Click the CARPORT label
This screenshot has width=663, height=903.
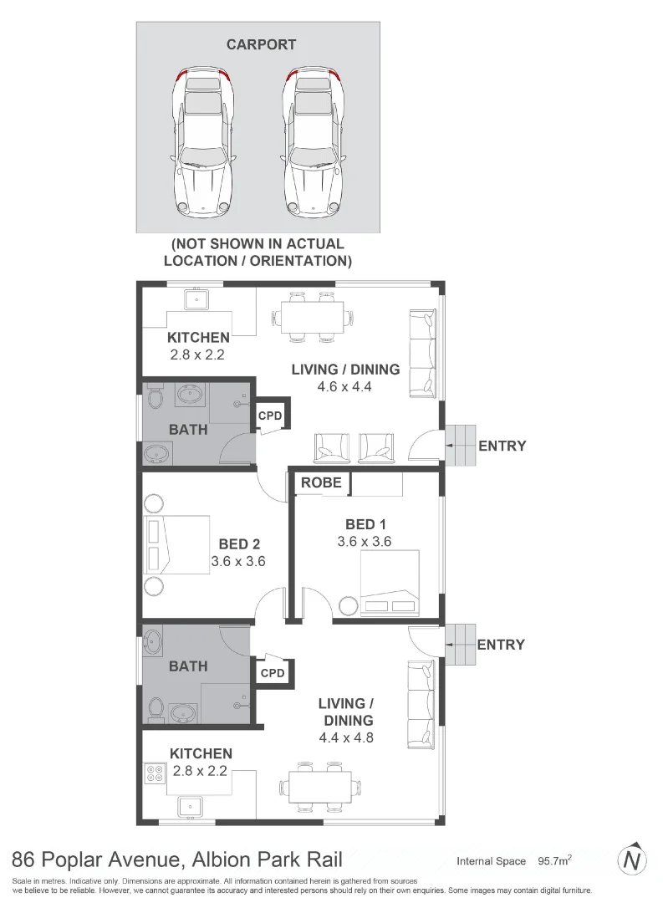point(261,45)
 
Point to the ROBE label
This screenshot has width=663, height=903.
point(321,482)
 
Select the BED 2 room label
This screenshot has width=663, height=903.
point(237,544)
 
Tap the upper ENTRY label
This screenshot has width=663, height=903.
point(502,446)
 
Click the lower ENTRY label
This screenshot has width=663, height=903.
point(501,645)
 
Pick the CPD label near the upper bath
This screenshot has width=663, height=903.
point(270,416)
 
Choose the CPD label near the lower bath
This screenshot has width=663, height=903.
point(273,672)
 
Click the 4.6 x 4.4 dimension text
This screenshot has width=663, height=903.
point(344,386)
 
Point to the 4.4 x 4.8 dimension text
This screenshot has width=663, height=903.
point(344,738)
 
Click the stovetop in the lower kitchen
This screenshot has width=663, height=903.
point(155,773)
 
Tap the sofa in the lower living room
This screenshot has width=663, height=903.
point(421,703)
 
